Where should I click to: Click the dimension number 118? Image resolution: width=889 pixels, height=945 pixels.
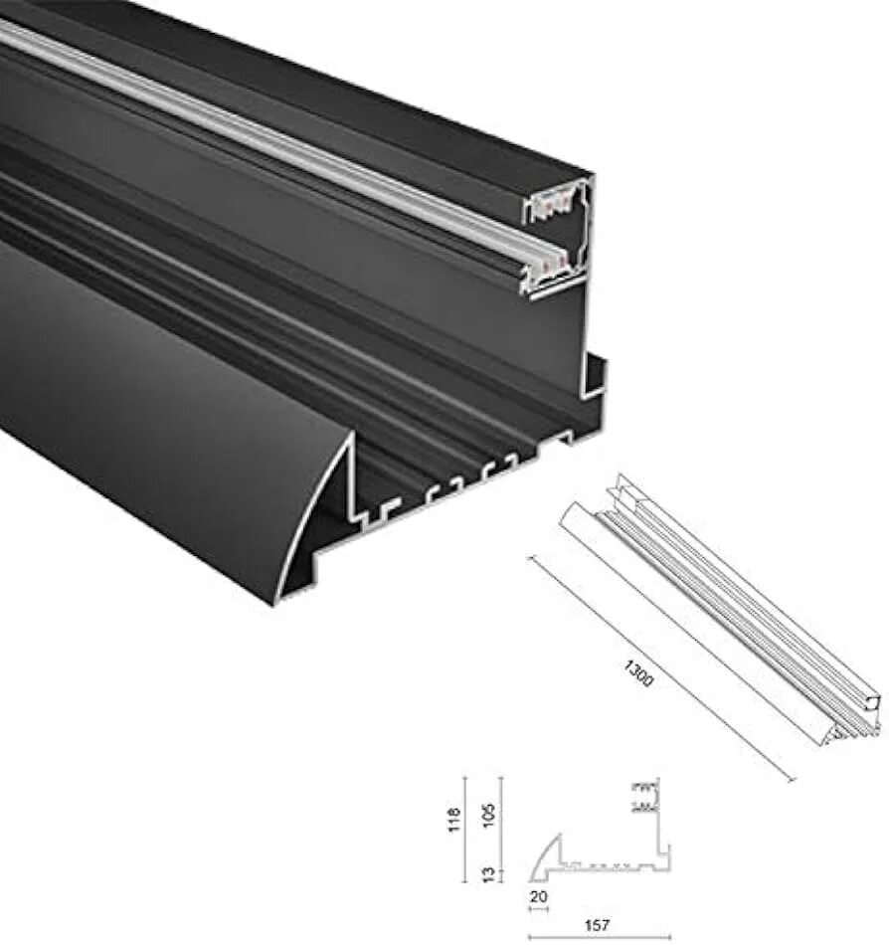455,820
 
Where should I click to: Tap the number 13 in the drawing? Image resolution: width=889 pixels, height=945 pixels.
488,873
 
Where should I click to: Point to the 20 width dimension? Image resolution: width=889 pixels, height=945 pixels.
538,896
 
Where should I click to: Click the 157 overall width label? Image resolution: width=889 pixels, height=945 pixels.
599,925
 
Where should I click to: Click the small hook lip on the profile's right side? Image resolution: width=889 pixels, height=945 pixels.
596,372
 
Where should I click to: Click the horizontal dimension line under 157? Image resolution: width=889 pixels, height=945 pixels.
599,937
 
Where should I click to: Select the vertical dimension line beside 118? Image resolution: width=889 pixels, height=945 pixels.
465,828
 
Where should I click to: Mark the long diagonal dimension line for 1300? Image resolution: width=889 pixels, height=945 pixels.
660,668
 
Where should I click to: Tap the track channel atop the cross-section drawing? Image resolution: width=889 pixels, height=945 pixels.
644,796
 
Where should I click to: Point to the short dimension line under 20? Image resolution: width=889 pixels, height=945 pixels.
538,908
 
